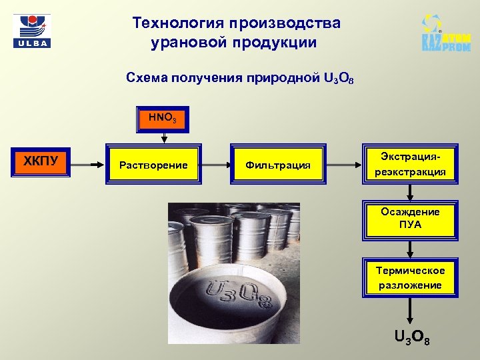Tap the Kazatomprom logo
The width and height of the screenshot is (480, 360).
coord(445,33)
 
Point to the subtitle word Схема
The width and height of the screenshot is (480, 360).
coord(145,78)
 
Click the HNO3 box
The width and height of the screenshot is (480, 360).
coord(163,119)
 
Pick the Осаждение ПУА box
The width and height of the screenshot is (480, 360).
coord(410,218)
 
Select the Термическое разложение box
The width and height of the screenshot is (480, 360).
coord(410,277)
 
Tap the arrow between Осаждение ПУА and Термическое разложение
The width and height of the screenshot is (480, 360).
coord(410,248)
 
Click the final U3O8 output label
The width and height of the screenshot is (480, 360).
coord(412,338)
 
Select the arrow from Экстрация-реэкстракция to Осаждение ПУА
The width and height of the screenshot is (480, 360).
coord(410,192)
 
